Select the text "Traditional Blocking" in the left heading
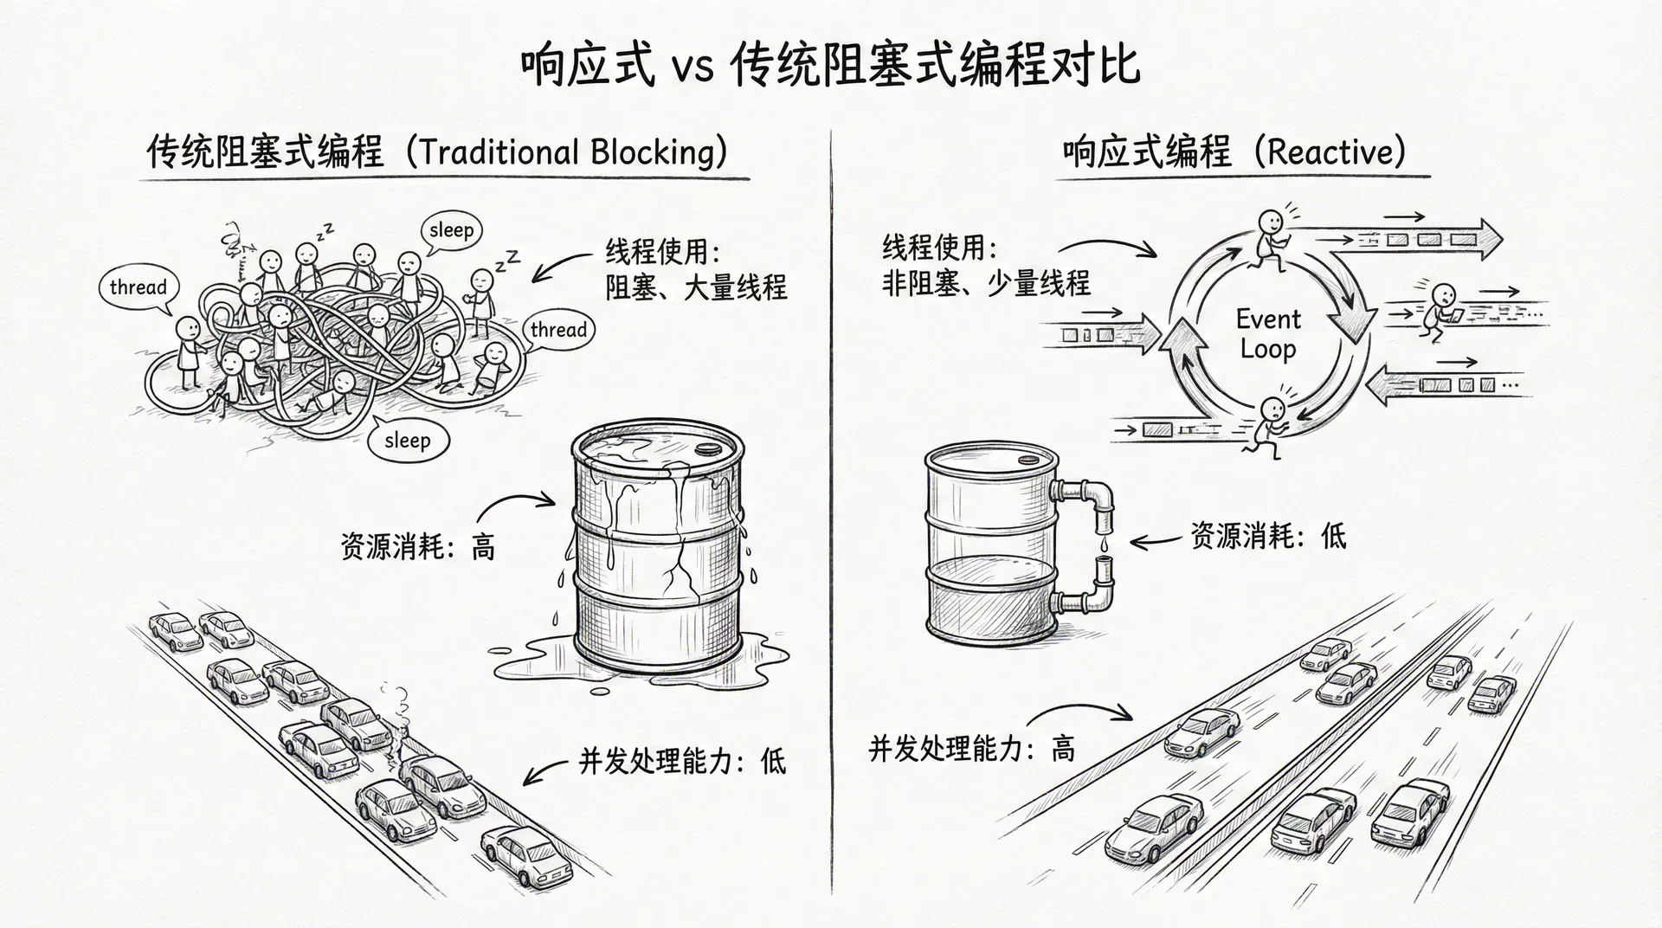pos(566,152)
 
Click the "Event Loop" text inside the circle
pos(1268,333)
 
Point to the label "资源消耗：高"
pos(418,547)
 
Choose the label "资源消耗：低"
pos(1268,537)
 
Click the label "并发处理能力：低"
pos(682,761)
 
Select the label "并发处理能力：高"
pos(971,748)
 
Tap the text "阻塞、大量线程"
pos(696,287)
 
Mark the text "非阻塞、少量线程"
pos(986,283)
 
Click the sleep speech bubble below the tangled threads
pos(407,441)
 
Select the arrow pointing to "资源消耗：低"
pos(1155,542)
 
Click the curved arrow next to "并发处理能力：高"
pos(1079,712)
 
